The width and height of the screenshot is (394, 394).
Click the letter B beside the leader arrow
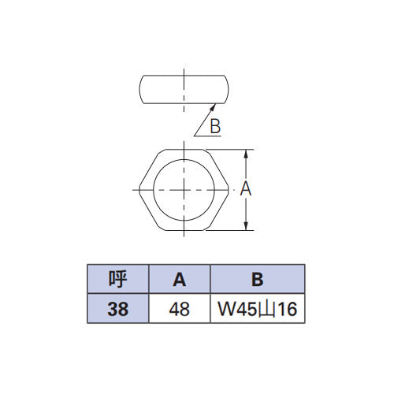point(215,126)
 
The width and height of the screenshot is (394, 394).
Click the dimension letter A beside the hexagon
point(246,188)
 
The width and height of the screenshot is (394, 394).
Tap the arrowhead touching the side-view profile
point(213,107)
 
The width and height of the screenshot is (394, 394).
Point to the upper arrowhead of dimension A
point(246,154)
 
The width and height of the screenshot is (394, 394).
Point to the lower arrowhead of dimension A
point(246,226)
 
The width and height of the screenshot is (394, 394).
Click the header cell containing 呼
point(118,279)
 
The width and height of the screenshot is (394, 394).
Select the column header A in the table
point(180,279)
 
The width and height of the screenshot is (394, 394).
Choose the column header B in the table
point(258,279)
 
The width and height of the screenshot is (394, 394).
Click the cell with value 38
point(118,309)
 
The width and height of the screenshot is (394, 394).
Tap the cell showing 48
point(180,309)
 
